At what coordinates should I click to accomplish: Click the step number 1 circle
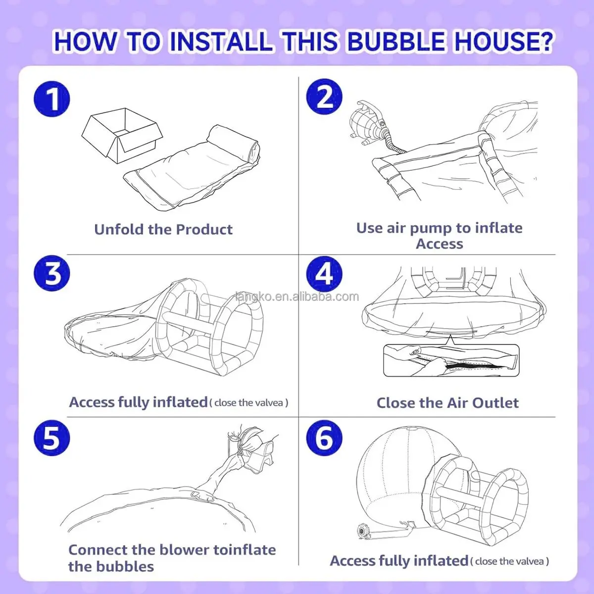[x=52, y=99]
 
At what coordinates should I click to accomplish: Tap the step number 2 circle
[x=324, y=97]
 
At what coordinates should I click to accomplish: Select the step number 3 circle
[x=52, y=273]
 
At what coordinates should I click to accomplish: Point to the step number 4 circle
[x=324, y=273]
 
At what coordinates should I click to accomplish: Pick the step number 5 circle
[x=52, y=438]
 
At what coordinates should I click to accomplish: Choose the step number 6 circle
[x=324, y=438]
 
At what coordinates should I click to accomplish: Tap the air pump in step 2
[x=366, y=121]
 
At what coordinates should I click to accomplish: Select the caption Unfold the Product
[x=163, y=230]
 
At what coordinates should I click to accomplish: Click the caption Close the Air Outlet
[x=447, y=403]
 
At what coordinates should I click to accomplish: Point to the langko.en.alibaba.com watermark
[x=297, y=297]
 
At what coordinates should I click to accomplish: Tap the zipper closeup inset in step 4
[x=451, y=360]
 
